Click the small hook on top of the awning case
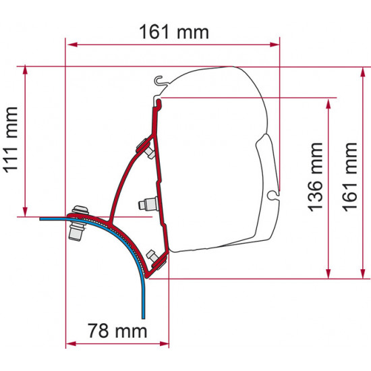[160, 82]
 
